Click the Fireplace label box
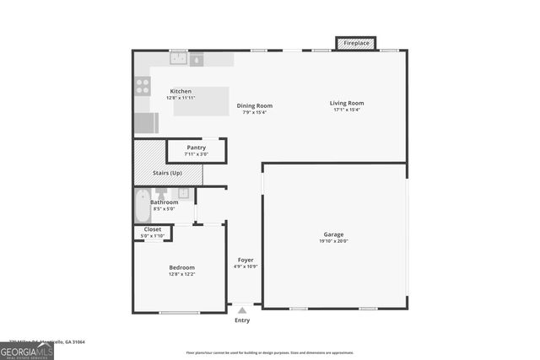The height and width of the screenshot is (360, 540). tap(355, 42)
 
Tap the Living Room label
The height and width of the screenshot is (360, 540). tap(347, 103)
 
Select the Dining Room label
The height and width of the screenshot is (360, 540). tap(254, 105)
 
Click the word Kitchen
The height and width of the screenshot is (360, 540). tap(181, 91)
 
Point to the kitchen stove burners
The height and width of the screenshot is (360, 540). tap(143, 85)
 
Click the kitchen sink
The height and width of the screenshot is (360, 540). tap(178, 60)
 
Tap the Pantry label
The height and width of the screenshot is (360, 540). tap(197, 148)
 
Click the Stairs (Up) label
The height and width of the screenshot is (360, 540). tap(167, 173)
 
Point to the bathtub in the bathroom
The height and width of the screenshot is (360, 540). tap(142, 205)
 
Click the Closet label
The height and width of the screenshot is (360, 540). tap(153, 228)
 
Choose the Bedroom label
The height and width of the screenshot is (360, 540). tap(181, 267)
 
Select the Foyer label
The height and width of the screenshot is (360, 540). tap(245, 260)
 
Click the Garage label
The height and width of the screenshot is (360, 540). tap(333, 234)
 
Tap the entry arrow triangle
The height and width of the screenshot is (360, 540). tap(242, 311)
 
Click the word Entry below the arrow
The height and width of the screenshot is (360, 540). tap(242, 320)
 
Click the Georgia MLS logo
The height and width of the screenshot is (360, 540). tap(27, 351)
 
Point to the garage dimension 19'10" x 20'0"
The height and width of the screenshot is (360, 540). tap(333, 241)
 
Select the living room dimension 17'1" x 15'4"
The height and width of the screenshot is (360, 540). tap(347, 110)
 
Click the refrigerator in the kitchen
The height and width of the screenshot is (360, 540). tap(145, 123)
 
